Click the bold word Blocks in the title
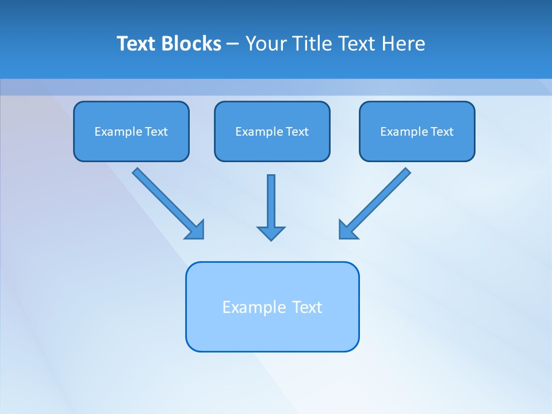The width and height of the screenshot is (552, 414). (191, 44)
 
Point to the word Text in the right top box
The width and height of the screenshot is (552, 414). (442, 132)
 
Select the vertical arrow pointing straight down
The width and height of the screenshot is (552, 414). (271, 201)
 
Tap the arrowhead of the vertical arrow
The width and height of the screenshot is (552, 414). (271, 233)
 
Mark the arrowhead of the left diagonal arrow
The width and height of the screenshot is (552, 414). (195, 230)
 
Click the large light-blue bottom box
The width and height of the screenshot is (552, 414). (272, 333)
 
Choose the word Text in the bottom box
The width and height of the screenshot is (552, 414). (308, 307)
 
